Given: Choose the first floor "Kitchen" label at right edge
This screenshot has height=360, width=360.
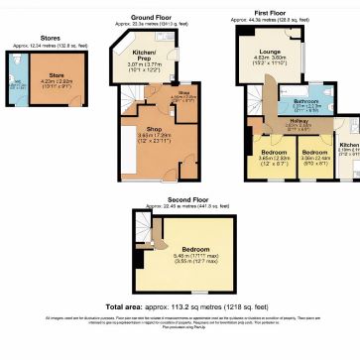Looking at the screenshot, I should [x=349, y=144].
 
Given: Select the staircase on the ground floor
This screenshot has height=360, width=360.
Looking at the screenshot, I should [x=150, y=100].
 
